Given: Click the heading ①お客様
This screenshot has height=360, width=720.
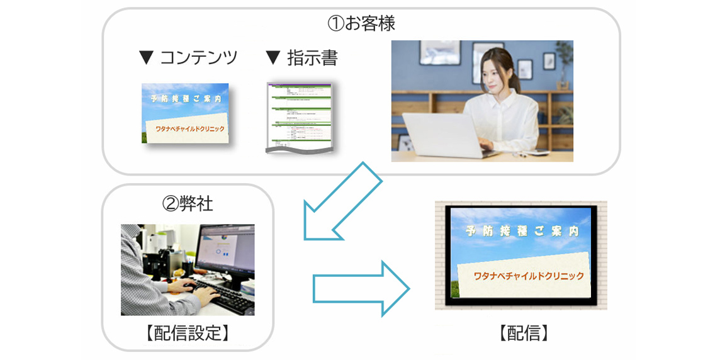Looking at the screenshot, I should pos(361,24).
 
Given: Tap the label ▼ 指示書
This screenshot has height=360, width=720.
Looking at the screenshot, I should pos(301,58).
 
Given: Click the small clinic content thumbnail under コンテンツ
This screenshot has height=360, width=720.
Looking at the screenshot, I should pos(185,113).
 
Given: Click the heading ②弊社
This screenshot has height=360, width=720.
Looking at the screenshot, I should pos(188,204).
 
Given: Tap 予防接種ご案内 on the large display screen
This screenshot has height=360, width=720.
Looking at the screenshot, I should pos(522,231).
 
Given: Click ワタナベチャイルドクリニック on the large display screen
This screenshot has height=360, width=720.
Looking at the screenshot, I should pos(529,276).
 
